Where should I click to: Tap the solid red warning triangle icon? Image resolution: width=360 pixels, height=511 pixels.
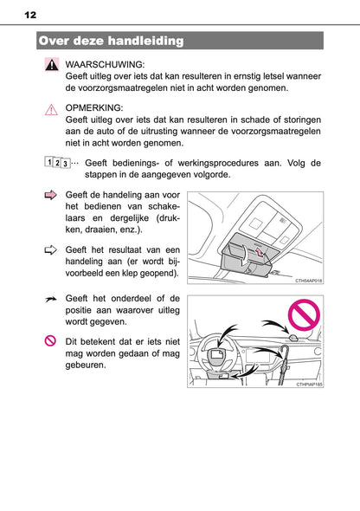pos(51,66)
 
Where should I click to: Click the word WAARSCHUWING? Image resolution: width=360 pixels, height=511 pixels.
pos(105,64)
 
